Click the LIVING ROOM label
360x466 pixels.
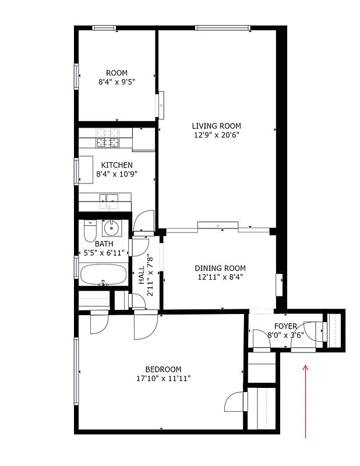pyautogui.click(x=216, y=126)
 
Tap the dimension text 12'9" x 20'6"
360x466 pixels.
pyautogui.click(x=216, y=135)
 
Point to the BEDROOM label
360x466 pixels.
pyautogui.click(x=163, y=369)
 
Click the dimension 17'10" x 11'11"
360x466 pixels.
pyautogui.click(x=163, y=379)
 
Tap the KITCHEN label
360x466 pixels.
pyautogui.click(x=117, y=165)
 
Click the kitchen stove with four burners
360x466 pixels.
pyautogui.click(x=107, y=137)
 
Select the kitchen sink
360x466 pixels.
pyautogui.click(x=108, y=203)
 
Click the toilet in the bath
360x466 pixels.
pyautogui.click(x=89, y=231)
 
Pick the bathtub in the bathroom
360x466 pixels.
pyautogui.click(x=104, y=275)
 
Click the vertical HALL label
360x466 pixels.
pyautogui.click(x=142, y=276)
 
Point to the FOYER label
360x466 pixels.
pyautogui.click(x=285, y=326)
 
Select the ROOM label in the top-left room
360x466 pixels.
pyautogui.click(x=117, y=73)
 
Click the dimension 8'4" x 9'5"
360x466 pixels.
pyautogui.click(x=117, y=83)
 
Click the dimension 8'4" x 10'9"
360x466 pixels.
pyautogui.click(x=117, y=174)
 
